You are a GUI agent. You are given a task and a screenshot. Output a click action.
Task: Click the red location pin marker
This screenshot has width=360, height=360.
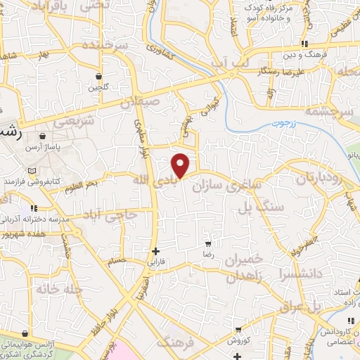(181, 165)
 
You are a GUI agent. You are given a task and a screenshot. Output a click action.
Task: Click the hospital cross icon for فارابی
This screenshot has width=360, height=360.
(156, 250)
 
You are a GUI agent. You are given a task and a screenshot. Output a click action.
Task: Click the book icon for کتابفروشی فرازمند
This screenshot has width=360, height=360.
(30, 171)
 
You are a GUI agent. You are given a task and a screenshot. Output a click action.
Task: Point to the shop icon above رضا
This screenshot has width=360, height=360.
(208, 243)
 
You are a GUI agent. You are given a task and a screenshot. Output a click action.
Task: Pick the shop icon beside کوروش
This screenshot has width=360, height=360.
(238, 329)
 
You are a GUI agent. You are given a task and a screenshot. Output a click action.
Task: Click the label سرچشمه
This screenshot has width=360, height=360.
(339, 112)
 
